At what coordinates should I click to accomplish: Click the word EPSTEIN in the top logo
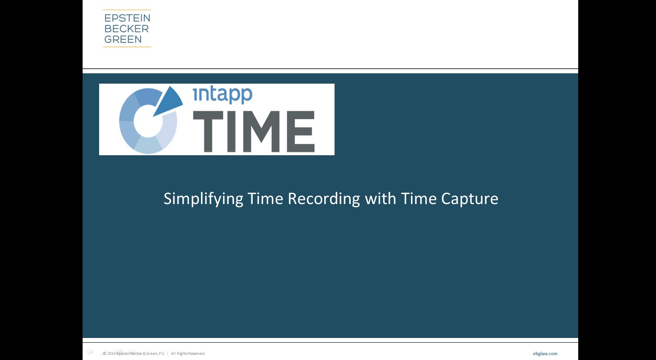[127, 18]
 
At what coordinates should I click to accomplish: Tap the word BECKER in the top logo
[126, 29]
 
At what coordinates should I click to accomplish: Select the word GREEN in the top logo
[123, 39]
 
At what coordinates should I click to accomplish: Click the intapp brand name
[223, 95]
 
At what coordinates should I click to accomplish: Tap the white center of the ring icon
[148, 122]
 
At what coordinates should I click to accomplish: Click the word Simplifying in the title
[203, 199]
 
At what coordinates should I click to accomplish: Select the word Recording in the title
[324, 199]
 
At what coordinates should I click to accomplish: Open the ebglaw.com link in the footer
[545, 353]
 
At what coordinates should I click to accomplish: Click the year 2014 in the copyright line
[111, 353]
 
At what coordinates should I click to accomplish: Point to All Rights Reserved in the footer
[188, 353]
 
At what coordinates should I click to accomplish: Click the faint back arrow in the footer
[90, 351]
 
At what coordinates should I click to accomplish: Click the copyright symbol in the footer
[105, 353]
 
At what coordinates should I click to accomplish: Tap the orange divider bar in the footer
[168, 353]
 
